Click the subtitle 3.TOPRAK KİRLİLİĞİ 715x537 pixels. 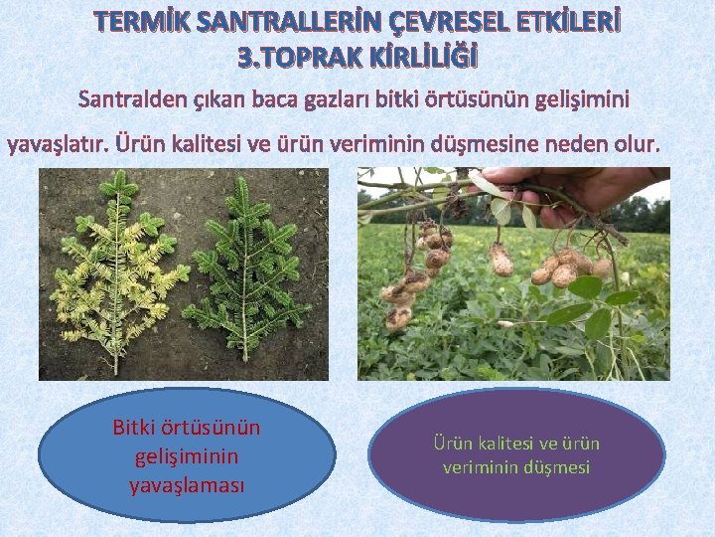point(357,58)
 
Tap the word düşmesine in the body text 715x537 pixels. point(496,145)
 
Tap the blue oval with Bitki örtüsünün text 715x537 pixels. point(186,456)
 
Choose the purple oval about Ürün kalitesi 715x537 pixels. point(516,455)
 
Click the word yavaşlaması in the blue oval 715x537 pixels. point(186,486)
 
